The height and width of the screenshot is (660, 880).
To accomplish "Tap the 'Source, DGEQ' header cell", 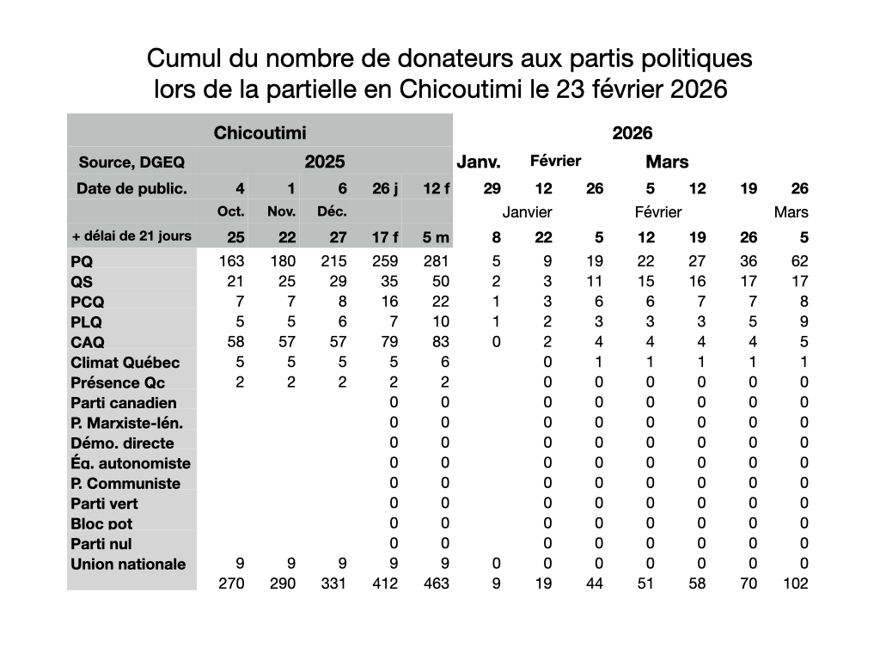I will click(x=131, y=162).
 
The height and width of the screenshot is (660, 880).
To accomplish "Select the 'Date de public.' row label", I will click(x=131, y=189).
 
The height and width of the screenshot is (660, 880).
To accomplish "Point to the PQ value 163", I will click(x=232, y=261).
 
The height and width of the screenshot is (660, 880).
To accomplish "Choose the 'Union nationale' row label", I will click(x=128, y=564).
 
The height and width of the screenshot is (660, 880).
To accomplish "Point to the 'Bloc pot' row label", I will click(x=101, y=523).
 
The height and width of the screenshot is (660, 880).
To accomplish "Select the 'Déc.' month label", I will click(x=333, y=212).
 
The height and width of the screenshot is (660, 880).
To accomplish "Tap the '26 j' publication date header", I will click(x=385, y=189).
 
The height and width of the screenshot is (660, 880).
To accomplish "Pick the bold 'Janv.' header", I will click(x=479, y=162).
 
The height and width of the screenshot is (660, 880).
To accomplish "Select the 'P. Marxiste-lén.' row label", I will click(x=126, y=423).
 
